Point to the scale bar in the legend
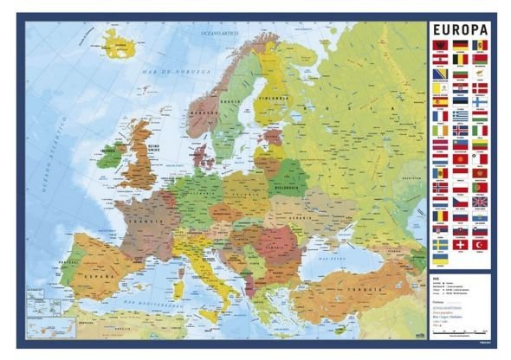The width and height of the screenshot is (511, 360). pyautogui.click(x=459, y=334)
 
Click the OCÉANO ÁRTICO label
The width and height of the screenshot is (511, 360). pyautogui.click(x=218, y=33)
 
